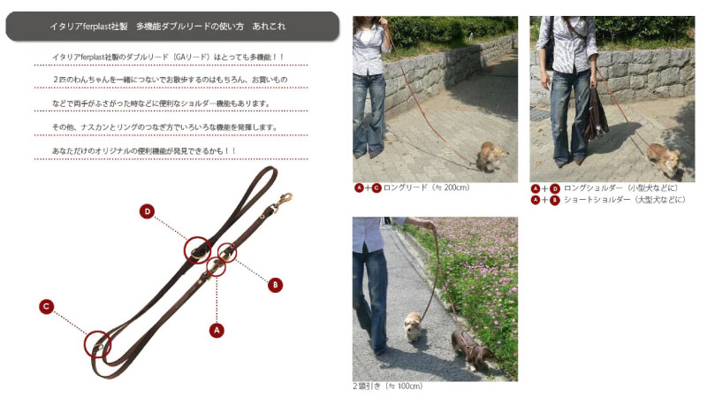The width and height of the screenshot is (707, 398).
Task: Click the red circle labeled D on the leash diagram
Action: pyautogui.click(x=147, y=211)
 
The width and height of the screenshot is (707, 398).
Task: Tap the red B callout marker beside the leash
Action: pyautogui.click(x=275, y=285)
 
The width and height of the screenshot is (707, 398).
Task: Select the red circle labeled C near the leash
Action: pyautogui.click(x=47, y=307)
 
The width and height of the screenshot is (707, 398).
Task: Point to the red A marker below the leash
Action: pyautogui.click(x=217, y=330)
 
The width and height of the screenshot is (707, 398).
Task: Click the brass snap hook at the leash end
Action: pyautogui.click(x=283, y=202)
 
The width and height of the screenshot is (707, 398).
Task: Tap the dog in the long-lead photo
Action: pyautogui.click(x=491, y=156)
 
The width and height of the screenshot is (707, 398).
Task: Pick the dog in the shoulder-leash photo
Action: pyautogui.click(x=664, y=159)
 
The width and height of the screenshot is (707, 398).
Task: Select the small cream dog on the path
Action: pyautogui.click(x=413, y=325)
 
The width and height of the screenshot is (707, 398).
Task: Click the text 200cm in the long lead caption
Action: pyautogui.click(x=456, y=188)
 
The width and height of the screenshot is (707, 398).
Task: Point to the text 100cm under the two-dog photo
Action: pyautogui.click(x=409, y=387)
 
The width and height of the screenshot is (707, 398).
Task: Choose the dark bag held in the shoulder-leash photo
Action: pyautogui.click(x=595, y=114)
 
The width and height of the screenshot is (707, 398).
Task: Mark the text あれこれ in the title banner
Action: pyautogui.click(x=269, y=27)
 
